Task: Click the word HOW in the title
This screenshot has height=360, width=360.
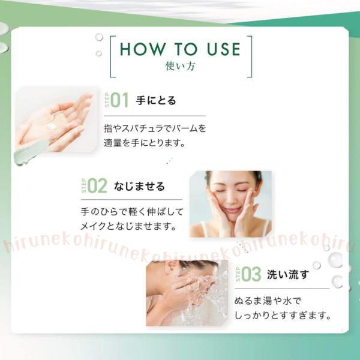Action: click(143, 49)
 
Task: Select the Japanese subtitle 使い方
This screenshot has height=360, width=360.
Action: click(180, 66)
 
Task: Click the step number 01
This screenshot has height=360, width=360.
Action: click(119, 100)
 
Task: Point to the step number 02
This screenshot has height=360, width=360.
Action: click(97, 186)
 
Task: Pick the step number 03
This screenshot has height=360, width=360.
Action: click(251, 274)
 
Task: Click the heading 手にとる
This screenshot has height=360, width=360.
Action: click(156, 101)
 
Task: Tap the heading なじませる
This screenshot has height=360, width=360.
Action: click(139, 186)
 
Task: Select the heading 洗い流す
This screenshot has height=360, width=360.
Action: click(288, 274)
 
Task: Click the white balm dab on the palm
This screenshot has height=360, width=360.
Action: click(52, 127)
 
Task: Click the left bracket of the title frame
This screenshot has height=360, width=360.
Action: click(110, 56)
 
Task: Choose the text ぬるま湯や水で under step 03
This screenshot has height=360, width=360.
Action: click(268, 301)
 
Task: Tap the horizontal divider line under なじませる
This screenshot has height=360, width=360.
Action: click(131, 200)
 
